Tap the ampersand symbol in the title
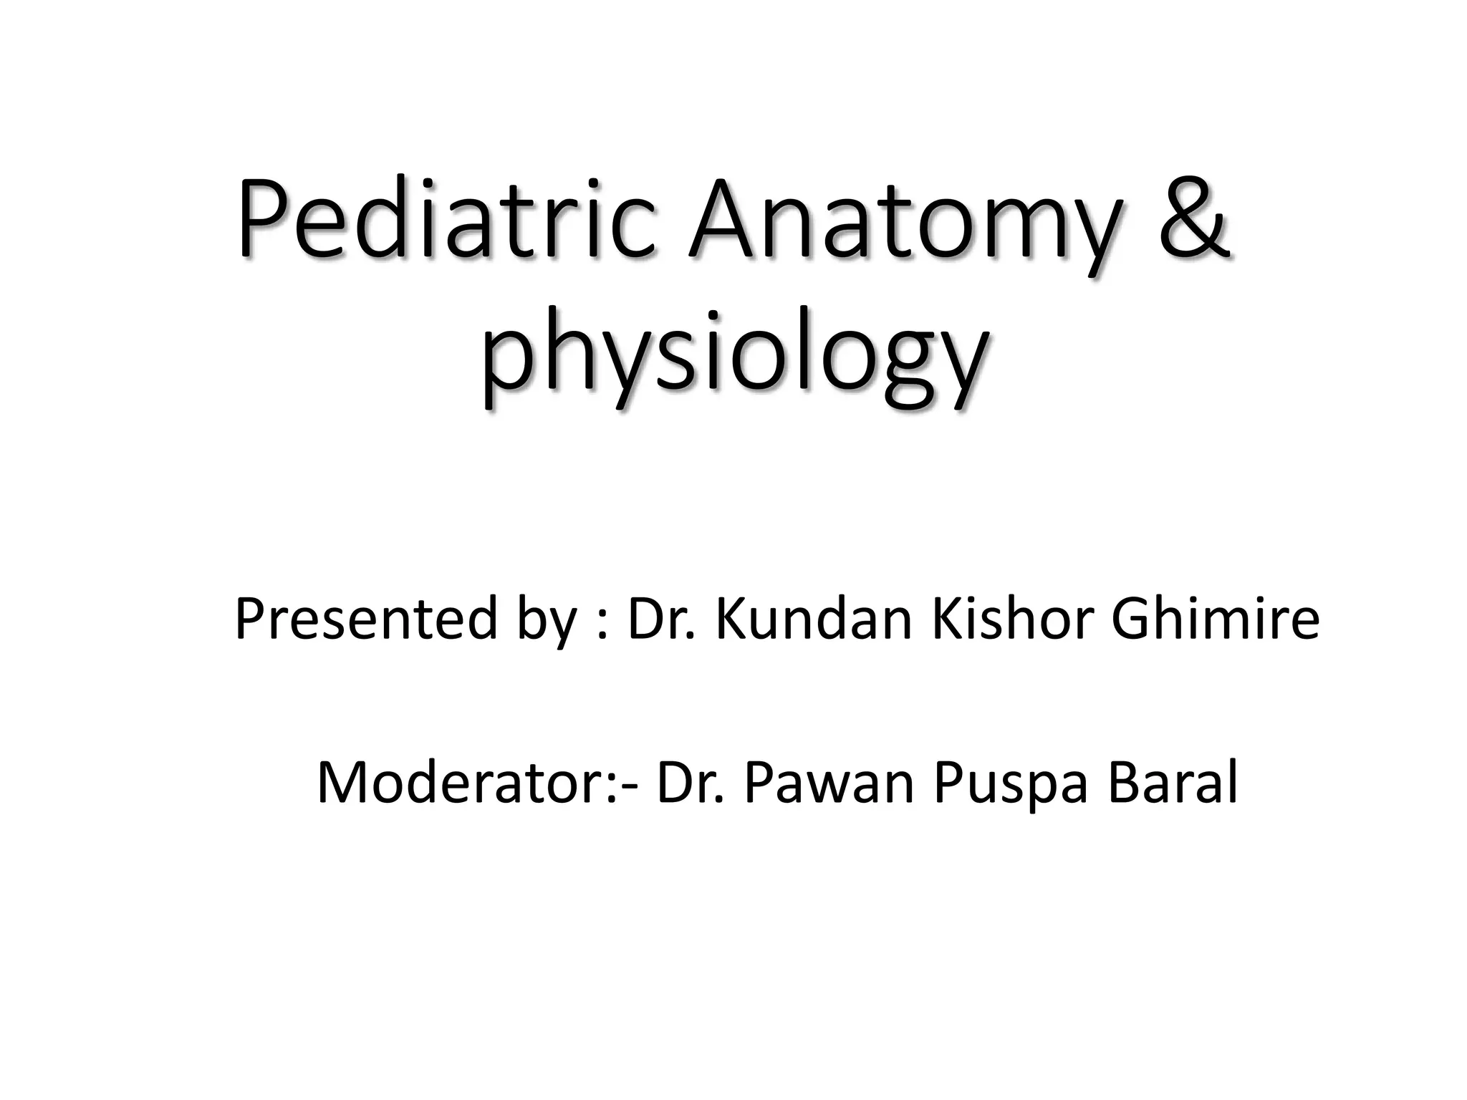(x=1193, y=218)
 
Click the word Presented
(x=365, y=619)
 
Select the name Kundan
(x=813, y=619)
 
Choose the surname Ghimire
(x=1215, y=619)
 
